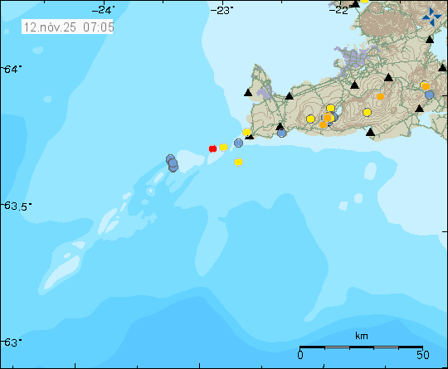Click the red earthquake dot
pyautogui.click(x=212, y=148)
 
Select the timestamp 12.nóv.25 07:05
pyautogui.click(x=70, y=27)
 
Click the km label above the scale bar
pyautogui.click(x=361, y=336)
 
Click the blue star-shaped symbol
pyautogui.click(x=431, y=16)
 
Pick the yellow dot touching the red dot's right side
pyautogui.click(x=223, y=147)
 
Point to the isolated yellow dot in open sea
pyautogui.click(x=238, y=163)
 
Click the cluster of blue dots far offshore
pyautogui.click(x=172, y=163)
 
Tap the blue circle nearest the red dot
pyautogui.click(x=238, y=143)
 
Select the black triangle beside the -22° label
pyautogui.click(x=354, y=3)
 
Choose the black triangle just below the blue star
pyautogui.click(x=430, y=39)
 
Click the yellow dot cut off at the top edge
pyautogui.click(x=364, y=2)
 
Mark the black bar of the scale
pyautogui.click(x=361, y=347)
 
